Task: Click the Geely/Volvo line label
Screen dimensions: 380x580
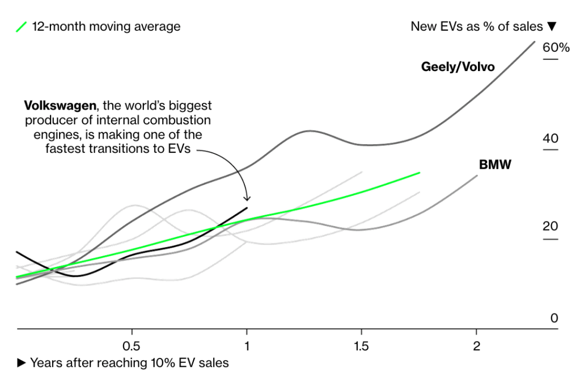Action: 458,67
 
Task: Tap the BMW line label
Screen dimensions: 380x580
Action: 495,165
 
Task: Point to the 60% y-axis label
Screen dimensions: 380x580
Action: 556,48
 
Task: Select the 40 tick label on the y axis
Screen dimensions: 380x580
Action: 551,139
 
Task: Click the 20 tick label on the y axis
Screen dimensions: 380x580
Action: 551,227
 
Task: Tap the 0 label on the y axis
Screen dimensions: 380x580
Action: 554,318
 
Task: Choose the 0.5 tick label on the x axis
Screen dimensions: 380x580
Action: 132,346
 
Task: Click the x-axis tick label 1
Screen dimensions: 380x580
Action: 247,346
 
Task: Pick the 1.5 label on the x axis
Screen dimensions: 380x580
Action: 361,346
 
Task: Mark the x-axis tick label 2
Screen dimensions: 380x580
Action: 476,346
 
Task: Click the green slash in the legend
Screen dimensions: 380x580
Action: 22,27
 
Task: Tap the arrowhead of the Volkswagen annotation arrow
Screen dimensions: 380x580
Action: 247,198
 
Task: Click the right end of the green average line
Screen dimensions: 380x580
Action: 419,173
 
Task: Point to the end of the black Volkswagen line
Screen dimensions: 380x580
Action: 247,208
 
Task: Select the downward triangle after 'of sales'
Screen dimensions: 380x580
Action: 552,27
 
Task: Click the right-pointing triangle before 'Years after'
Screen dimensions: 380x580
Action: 22,362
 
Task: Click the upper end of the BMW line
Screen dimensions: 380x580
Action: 477,176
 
